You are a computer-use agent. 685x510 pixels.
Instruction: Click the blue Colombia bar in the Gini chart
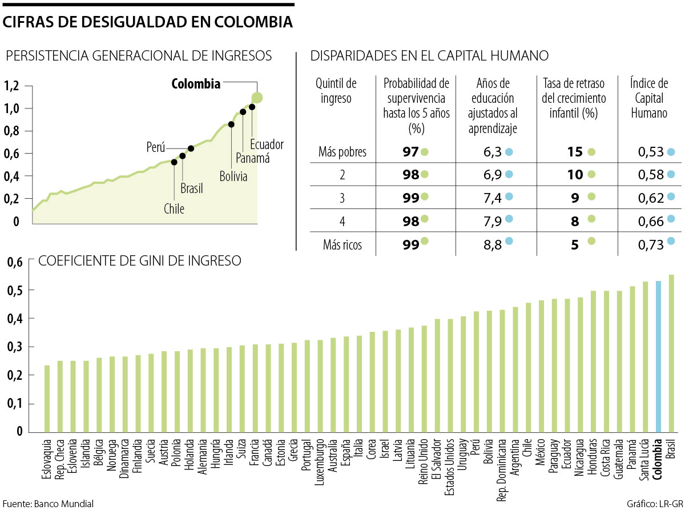[658, 356]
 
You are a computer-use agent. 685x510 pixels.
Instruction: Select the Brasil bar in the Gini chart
[671, 354]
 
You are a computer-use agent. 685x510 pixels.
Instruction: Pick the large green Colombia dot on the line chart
[257, 98]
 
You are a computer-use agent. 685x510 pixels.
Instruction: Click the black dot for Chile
[174, 162]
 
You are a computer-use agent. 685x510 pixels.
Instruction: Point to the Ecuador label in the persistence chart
[267, 145]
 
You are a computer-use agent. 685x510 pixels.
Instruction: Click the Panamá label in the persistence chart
[252, 159]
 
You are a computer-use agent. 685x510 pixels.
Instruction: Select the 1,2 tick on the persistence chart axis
[12, 87]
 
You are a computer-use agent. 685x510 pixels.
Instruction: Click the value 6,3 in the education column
[477, 152]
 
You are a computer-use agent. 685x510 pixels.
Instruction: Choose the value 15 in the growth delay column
[575, 152]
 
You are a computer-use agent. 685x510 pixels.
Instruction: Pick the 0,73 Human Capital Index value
[651, 245]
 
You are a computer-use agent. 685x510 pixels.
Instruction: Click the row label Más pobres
[342, 152]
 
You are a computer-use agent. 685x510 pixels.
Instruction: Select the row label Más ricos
[342, 245]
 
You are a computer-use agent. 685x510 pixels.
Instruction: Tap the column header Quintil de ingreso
[336, 91]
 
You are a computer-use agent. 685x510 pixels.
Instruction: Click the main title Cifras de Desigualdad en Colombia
[148, 22]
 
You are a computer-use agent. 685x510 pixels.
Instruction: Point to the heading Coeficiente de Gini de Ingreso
[139, 261]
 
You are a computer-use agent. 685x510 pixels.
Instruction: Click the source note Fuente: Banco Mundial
[48, 503]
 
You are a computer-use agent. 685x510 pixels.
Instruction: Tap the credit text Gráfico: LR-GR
[652, 503]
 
